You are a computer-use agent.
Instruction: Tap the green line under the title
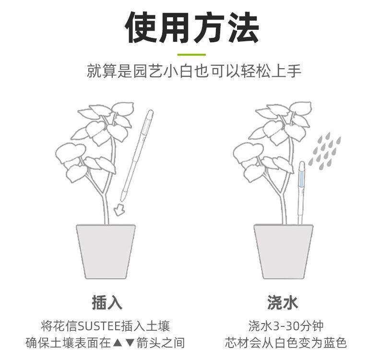click(x=191, y=55)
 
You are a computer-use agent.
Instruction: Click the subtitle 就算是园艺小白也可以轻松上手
click(x=194, y=72)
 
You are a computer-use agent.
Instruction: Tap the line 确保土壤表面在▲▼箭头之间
click(x=105, y=343)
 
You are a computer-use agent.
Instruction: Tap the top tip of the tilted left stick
click(x=151, y=114)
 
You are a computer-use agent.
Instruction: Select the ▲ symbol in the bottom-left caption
click(x=117, y=343)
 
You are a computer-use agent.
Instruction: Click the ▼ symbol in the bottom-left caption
click(x=129, y=343)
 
